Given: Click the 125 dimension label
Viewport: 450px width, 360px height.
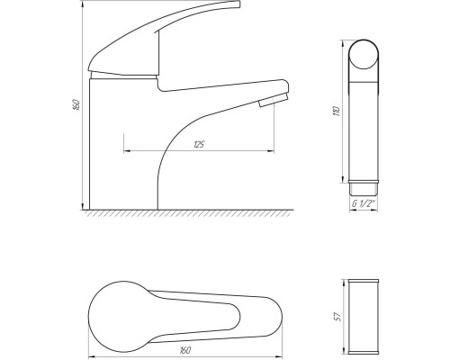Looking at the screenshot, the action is click(x=199, y=145).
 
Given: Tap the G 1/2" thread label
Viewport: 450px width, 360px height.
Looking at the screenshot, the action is click(x=364, y=204).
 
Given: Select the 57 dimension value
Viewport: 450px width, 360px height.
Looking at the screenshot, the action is click(x=337, y=317).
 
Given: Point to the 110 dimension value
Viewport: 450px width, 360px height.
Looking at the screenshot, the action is click(x=337, y=112).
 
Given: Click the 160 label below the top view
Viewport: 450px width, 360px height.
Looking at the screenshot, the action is click(x=184, y=350).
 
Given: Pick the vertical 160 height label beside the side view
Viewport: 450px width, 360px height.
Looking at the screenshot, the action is click(x=76, y=104).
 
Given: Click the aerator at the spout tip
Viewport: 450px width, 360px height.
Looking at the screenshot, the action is click(x=274, y=100).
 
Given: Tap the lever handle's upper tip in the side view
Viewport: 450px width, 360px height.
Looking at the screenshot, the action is click(x=238, y=4).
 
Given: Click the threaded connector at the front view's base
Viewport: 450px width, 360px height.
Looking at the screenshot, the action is click(x=364, y=188).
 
